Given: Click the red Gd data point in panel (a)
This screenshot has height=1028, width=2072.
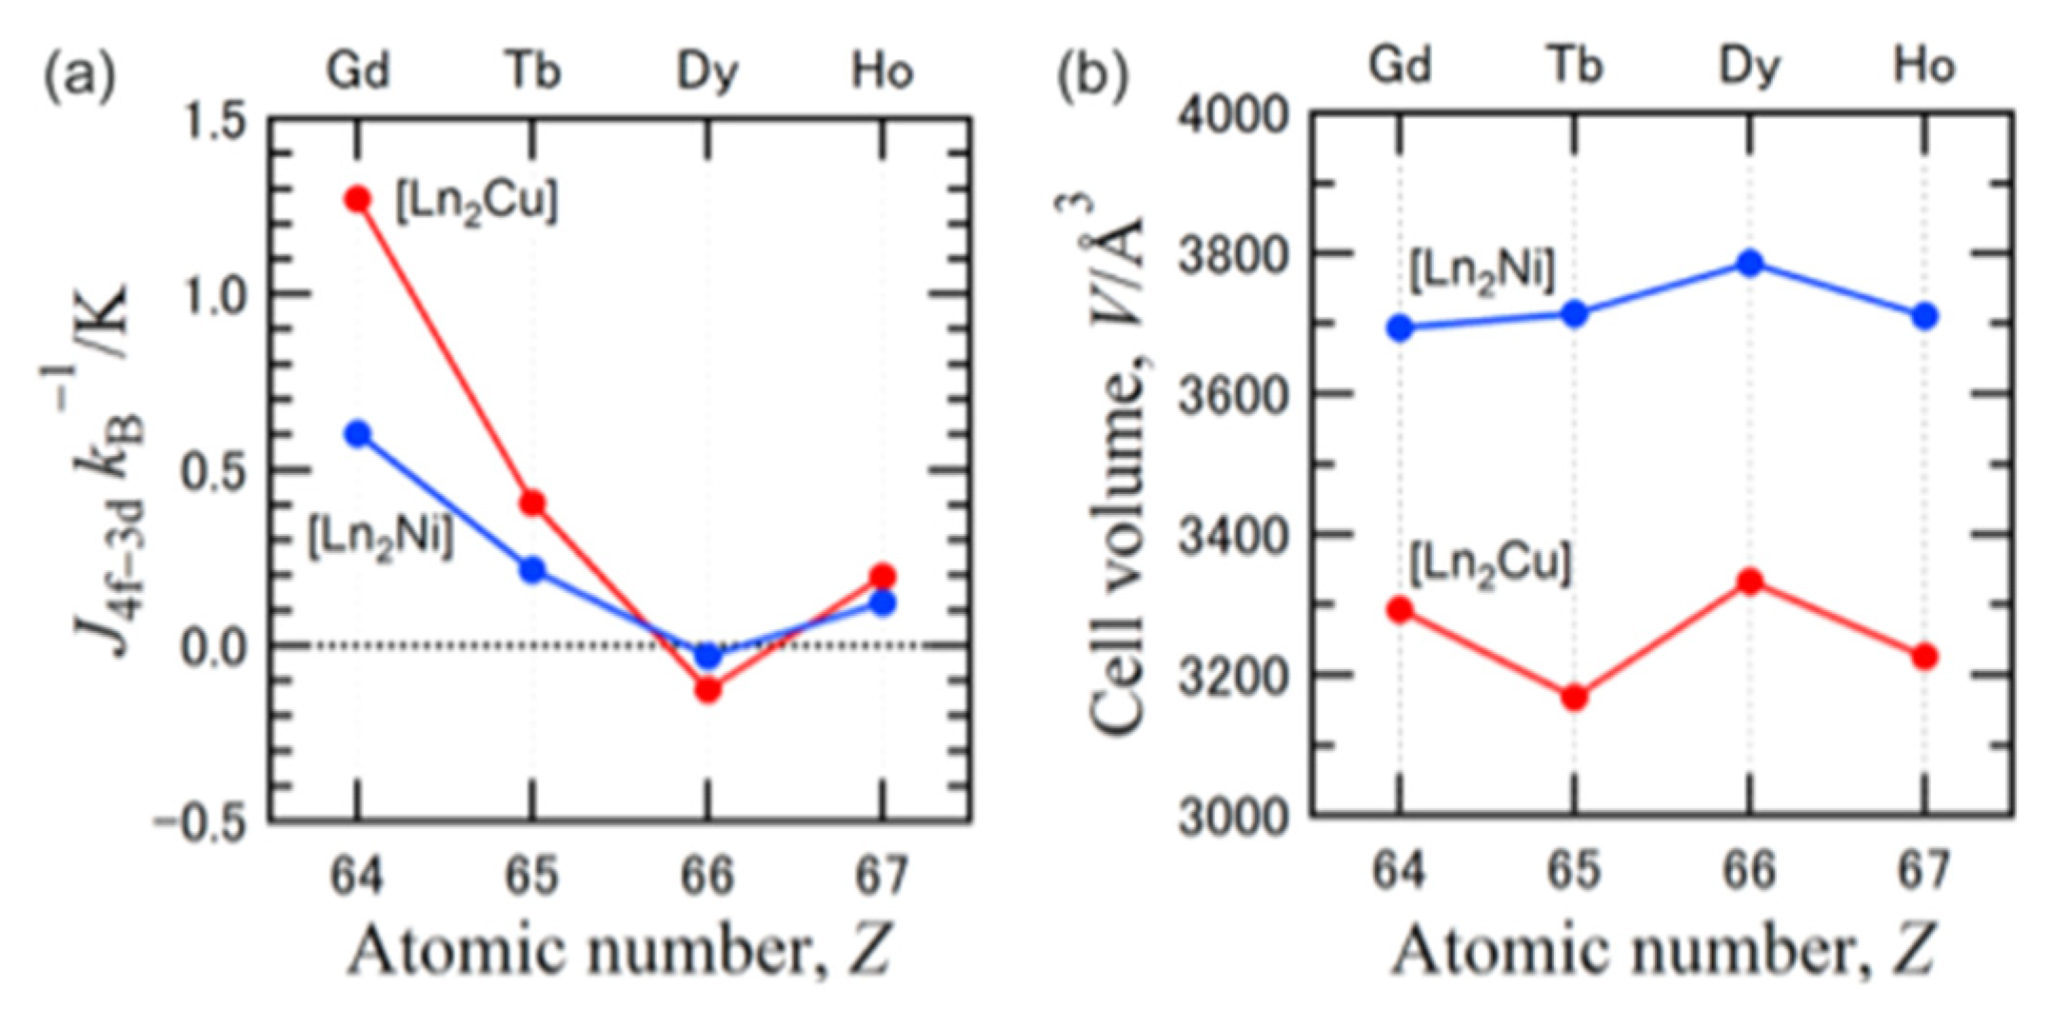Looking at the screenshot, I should pos(358,200).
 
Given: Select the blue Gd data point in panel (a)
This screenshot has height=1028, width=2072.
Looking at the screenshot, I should pos(358,435).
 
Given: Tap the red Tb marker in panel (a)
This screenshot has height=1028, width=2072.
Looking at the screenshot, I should pos(532,503).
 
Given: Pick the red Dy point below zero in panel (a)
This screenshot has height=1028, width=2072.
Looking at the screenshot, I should pos(707,689).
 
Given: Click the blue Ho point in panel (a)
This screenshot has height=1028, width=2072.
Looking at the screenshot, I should pos(883,603).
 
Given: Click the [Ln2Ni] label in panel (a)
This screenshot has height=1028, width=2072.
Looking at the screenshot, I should pos(380,539).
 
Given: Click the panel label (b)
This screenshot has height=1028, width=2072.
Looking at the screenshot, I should pos(1092,74).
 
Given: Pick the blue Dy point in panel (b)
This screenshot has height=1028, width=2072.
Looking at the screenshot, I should pos(1749,264).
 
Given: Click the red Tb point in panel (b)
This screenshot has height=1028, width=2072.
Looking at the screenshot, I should pos(1574,698).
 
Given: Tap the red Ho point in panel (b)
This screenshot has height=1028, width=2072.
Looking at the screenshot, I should pos(1924,657).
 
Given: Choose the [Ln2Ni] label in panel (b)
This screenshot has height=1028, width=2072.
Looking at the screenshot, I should pos(1482,271).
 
